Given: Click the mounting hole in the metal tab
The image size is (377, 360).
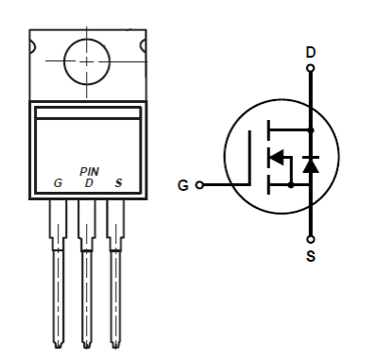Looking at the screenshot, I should click(x=87, y=61).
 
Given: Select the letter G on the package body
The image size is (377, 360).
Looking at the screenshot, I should click(x=59, y=180).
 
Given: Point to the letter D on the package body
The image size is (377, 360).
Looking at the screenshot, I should click(x=88, y=180).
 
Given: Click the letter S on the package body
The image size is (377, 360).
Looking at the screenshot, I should click(x=117, y=180).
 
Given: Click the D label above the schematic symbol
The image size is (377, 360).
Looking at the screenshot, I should click(x=311, y=52).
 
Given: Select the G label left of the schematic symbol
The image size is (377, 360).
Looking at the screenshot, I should click(x=183, y=184).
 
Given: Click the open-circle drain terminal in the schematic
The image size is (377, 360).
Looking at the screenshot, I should click(x=311, y=67).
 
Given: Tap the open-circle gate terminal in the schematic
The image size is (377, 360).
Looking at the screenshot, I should click(x=198, y=184).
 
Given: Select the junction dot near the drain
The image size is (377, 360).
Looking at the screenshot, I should click(x=311, y=129).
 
